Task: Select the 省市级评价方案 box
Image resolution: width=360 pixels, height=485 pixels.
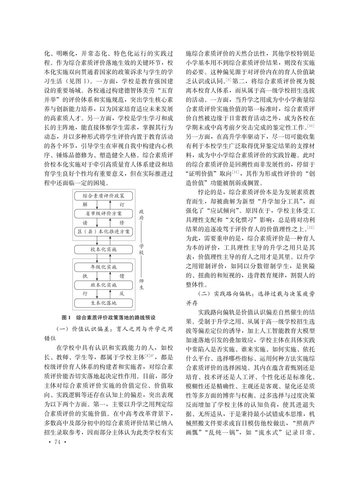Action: click(x=104, y=214)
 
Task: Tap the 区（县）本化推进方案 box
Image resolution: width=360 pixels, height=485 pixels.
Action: click(x=104, y=231)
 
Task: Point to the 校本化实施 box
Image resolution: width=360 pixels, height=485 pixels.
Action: click(x=104, y=249)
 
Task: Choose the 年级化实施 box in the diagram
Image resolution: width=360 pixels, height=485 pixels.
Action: click(x=104, y=267)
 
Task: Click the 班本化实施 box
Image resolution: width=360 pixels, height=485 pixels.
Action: click(x=104, y=285)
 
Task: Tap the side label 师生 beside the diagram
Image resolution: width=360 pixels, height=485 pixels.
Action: click(x=141, y=285)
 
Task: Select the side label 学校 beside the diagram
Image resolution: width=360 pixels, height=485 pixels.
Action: click(x=141, y=249)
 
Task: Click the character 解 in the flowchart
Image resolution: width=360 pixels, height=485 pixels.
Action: click(x=85, y=205)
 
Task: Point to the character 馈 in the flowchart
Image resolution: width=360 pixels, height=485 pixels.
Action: click(x=121, y=276)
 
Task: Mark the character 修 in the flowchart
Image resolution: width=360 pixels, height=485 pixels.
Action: click(x=121, y=222)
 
